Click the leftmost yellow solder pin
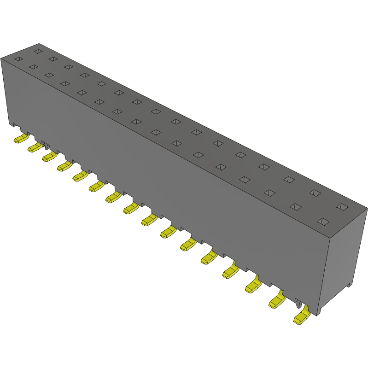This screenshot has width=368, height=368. pos(20,139)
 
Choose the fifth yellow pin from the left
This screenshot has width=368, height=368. pos(80,176)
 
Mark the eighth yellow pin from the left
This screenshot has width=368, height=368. pos(131,208)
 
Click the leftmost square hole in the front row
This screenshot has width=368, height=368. pos(18,59)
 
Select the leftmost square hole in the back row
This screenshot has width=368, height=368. pos(38,51)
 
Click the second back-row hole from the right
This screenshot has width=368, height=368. pos(315,193)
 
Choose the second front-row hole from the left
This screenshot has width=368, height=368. pos(33,67)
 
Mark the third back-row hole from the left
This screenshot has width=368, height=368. pos(68,67)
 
